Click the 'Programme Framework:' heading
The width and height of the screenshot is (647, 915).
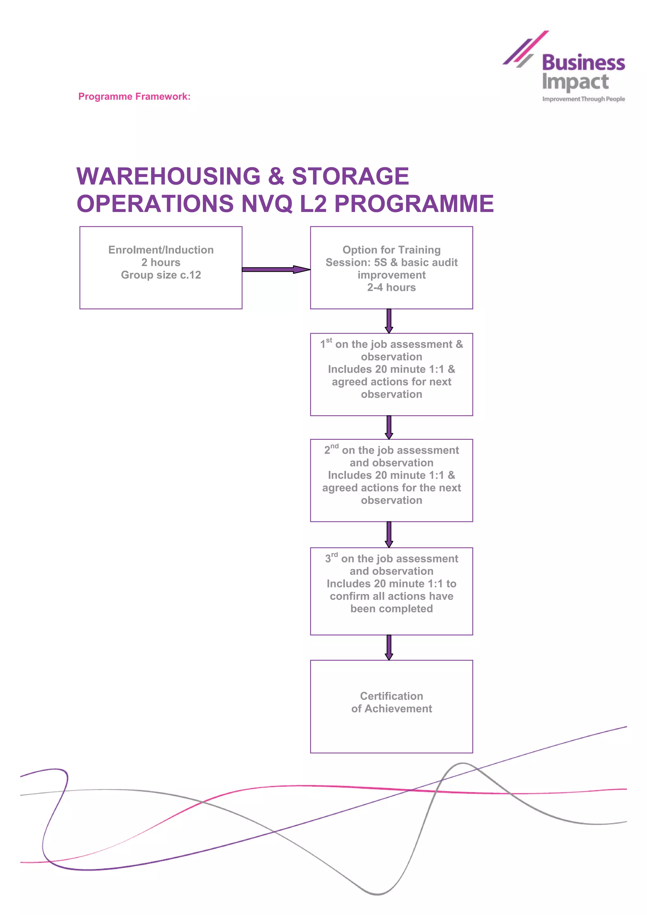134,96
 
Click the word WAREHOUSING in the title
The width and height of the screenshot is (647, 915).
168,176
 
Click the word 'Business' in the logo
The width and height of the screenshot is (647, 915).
583,63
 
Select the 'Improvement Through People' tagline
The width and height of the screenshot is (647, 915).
583,99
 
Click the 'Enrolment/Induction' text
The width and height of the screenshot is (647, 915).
161,250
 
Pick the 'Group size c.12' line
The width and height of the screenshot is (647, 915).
161,275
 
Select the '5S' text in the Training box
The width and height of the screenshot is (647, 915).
380,262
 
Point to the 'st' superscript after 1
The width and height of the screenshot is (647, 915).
329,340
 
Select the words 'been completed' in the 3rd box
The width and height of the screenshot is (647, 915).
391,609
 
